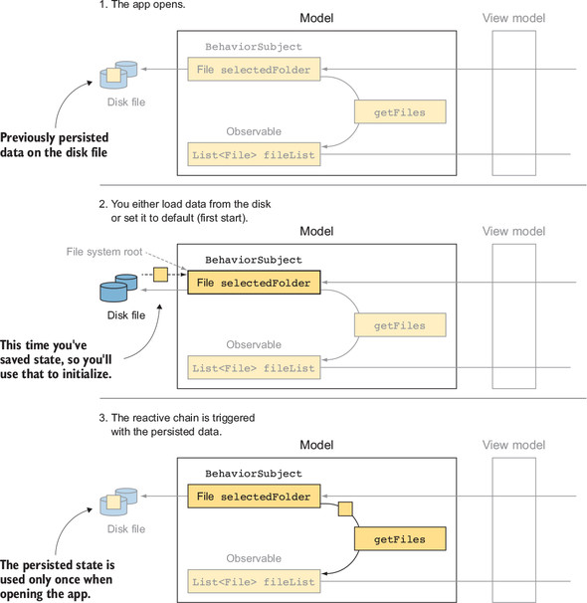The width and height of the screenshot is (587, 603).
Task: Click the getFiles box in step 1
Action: click(400, 111)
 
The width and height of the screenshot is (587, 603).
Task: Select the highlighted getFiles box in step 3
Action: click(400, 538)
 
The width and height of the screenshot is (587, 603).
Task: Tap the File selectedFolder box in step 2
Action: click(254, 283)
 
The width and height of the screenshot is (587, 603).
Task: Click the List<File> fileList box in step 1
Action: click(254, 154)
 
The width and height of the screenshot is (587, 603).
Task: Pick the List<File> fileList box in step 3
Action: click(254, 581)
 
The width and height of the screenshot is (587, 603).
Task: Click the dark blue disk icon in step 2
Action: click(118, 288)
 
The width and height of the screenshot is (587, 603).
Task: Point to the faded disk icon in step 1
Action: click(118, 75)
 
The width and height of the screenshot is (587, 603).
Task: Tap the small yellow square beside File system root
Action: click(160, 275)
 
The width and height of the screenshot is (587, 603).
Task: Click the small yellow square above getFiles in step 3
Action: click(345, 508)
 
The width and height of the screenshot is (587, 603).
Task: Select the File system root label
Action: click(104, 252)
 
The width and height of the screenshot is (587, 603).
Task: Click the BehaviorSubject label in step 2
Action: click(254, 260)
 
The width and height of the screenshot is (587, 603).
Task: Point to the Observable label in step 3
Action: click(254, 558)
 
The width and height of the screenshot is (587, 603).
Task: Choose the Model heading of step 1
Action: click(316, 18)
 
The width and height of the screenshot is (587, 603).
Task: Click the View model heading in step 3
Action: click(513, 445)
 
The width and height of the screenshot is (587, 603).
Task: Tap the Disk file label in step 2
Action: click(126, 315)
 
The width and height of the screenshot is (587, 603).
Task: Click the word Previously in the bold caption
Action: click(28, 137)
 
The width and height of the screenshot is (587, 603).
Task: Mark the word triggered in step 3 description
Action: click(234, 418)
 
